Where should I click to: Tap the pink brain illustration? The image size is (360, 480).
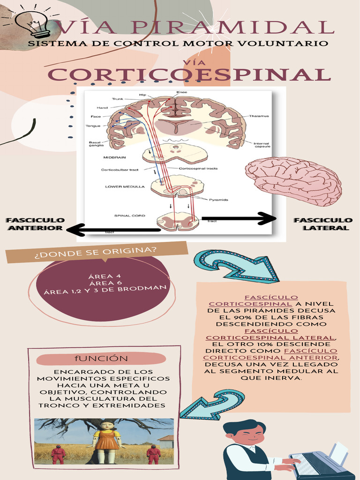point(294,181)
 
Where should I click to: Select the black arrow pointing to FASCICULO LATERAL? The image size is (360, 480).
point(239,218)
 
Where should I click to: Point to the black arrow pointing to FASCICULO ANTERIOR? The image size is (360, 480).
point(112,230)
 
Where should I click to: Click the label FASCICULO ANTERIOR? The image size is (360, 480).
point(35,224)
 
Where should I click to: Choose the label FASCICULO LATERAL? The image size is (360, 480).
point(323,224)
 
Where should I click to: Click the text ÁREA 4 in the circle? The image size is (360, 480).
point(101,276)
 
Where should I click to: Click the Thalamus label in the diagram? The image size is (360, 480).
point(259,116)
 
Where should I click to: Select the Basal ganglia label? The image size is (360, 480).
point(96,144)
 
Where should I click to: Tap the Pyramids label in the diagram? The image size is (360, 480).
point(218,199)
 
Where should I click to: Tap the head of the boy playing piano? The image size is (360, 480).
point(245,433)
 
